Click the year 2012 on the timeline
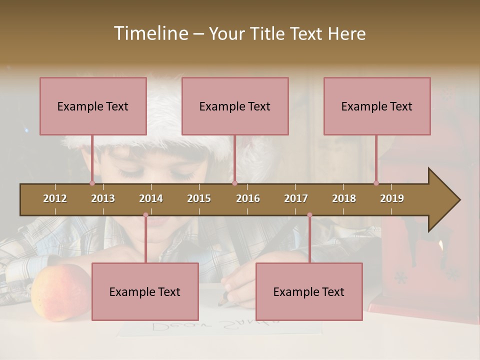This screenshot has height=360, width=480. point(55,198)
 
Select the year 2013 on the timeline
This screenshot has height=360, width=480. point(103,198)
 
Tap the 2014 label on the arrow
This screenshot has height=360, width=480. point(151,198)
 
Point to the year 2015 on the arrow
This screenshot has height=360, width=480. point(199,198)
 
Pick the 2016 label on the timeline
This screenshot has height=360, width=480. point(248,198)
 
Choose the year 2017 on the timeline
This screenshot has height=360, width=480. point(296,198)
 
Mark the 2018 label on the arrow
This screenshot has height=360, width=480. point(344,198)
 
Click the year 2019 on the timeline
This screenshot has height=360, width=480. point(392,198)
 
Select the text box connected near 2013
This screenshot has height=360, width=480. point(93,106)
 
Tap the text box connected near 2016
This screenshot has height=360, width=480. point(235,106)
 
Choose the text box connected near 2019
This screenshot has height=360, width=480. point(377,106)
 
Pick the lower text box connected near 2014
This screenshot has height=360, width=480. point(145,291)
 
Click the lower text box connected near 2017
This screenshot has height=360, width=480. point(309,291)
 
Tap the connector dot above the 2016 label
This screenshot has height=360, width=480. point(234,183)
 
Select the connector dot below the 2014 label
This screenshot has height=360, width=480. point(145,215)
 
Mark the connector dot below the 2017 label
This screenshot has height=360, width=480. point(309,215)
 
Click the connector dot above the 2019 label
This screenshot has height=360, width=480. point(376,183)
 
